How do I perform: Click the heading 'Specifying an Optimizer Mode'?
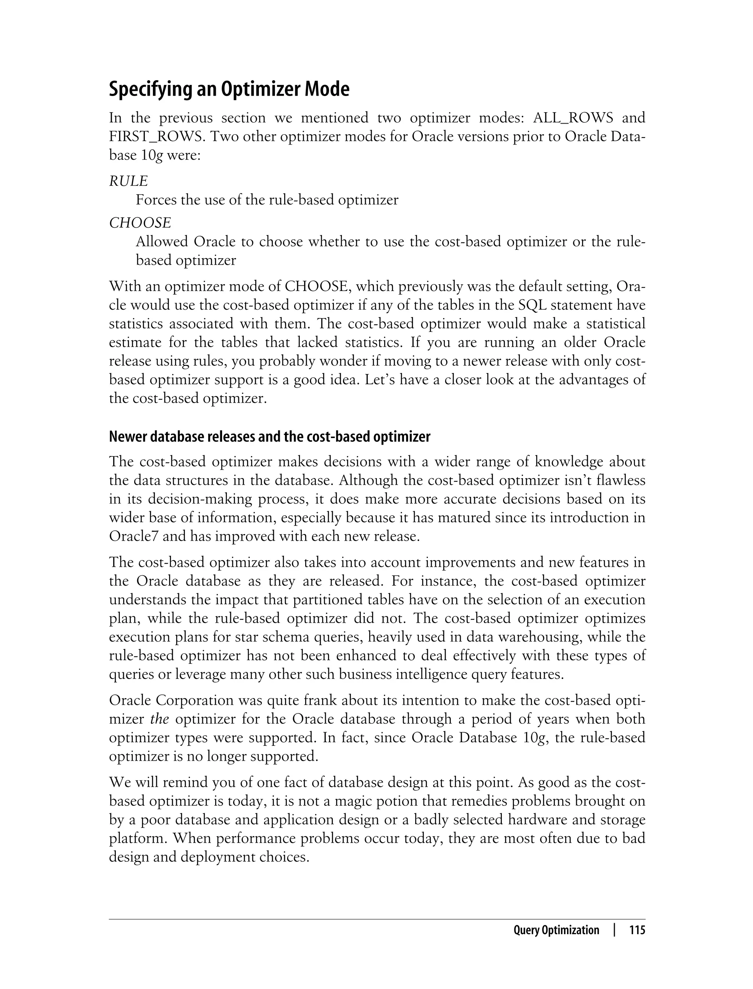coord(229,89)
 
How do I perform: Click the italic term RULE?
coord(128,181)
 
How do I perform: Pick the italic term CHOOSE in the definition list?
coord(140,223)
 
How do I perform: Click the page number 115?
coord(637,930)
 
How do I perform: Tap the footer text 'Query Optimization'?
coord(556,930)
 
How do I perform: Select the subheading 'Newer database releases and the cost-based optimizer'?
coord(270,437)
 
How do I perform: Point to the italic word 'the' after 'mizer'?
coord(160,719)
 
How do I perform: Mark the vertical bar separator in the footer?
coord(614,930)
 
